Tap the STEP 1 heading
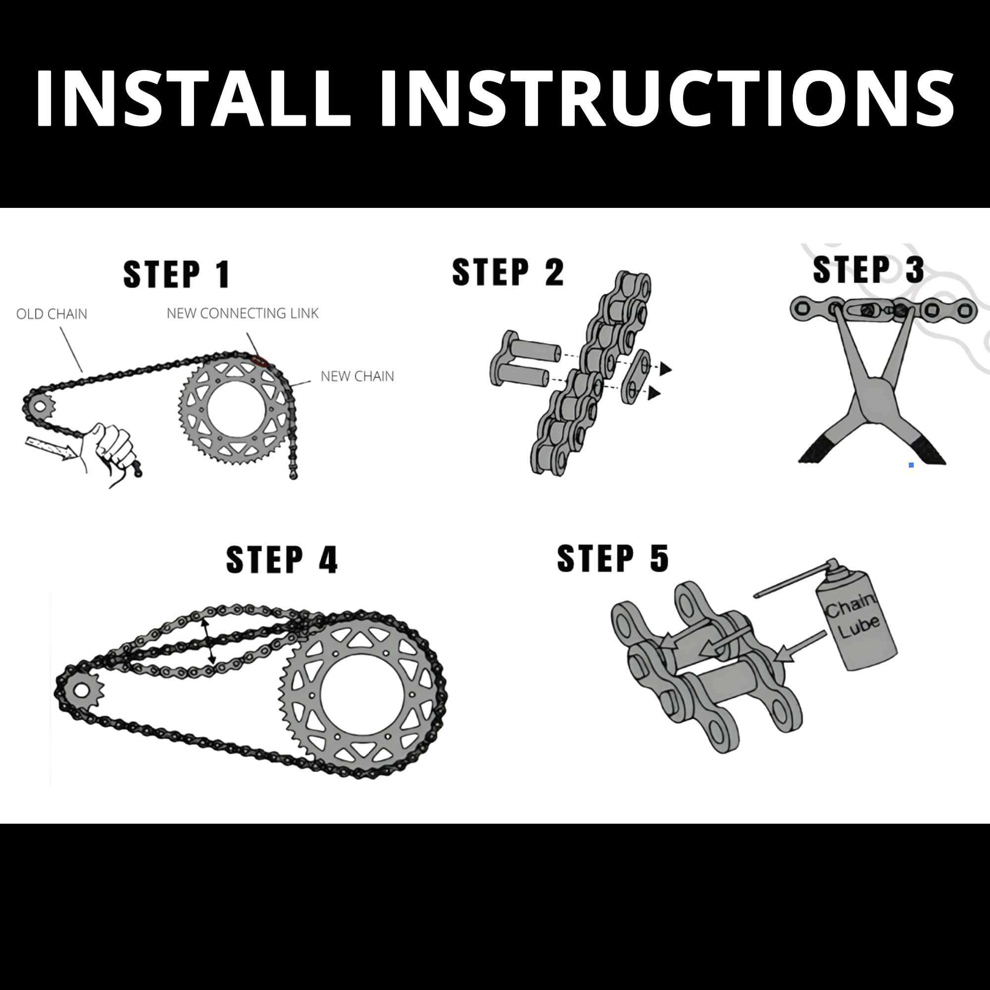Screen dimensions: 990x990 click(x=177, y=274)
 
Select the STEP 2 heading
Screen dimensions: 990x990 click(x=508, y=272)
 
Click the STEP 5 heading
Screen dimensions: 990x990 click(x=613, y=558)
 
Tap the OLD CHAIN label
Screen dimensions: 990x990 click(x=52, y=314)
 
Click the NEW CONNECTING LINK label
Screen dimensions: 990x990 click(x=243, y=313)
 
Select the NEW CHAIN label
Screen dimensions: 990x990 click(x=357, y=376)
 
